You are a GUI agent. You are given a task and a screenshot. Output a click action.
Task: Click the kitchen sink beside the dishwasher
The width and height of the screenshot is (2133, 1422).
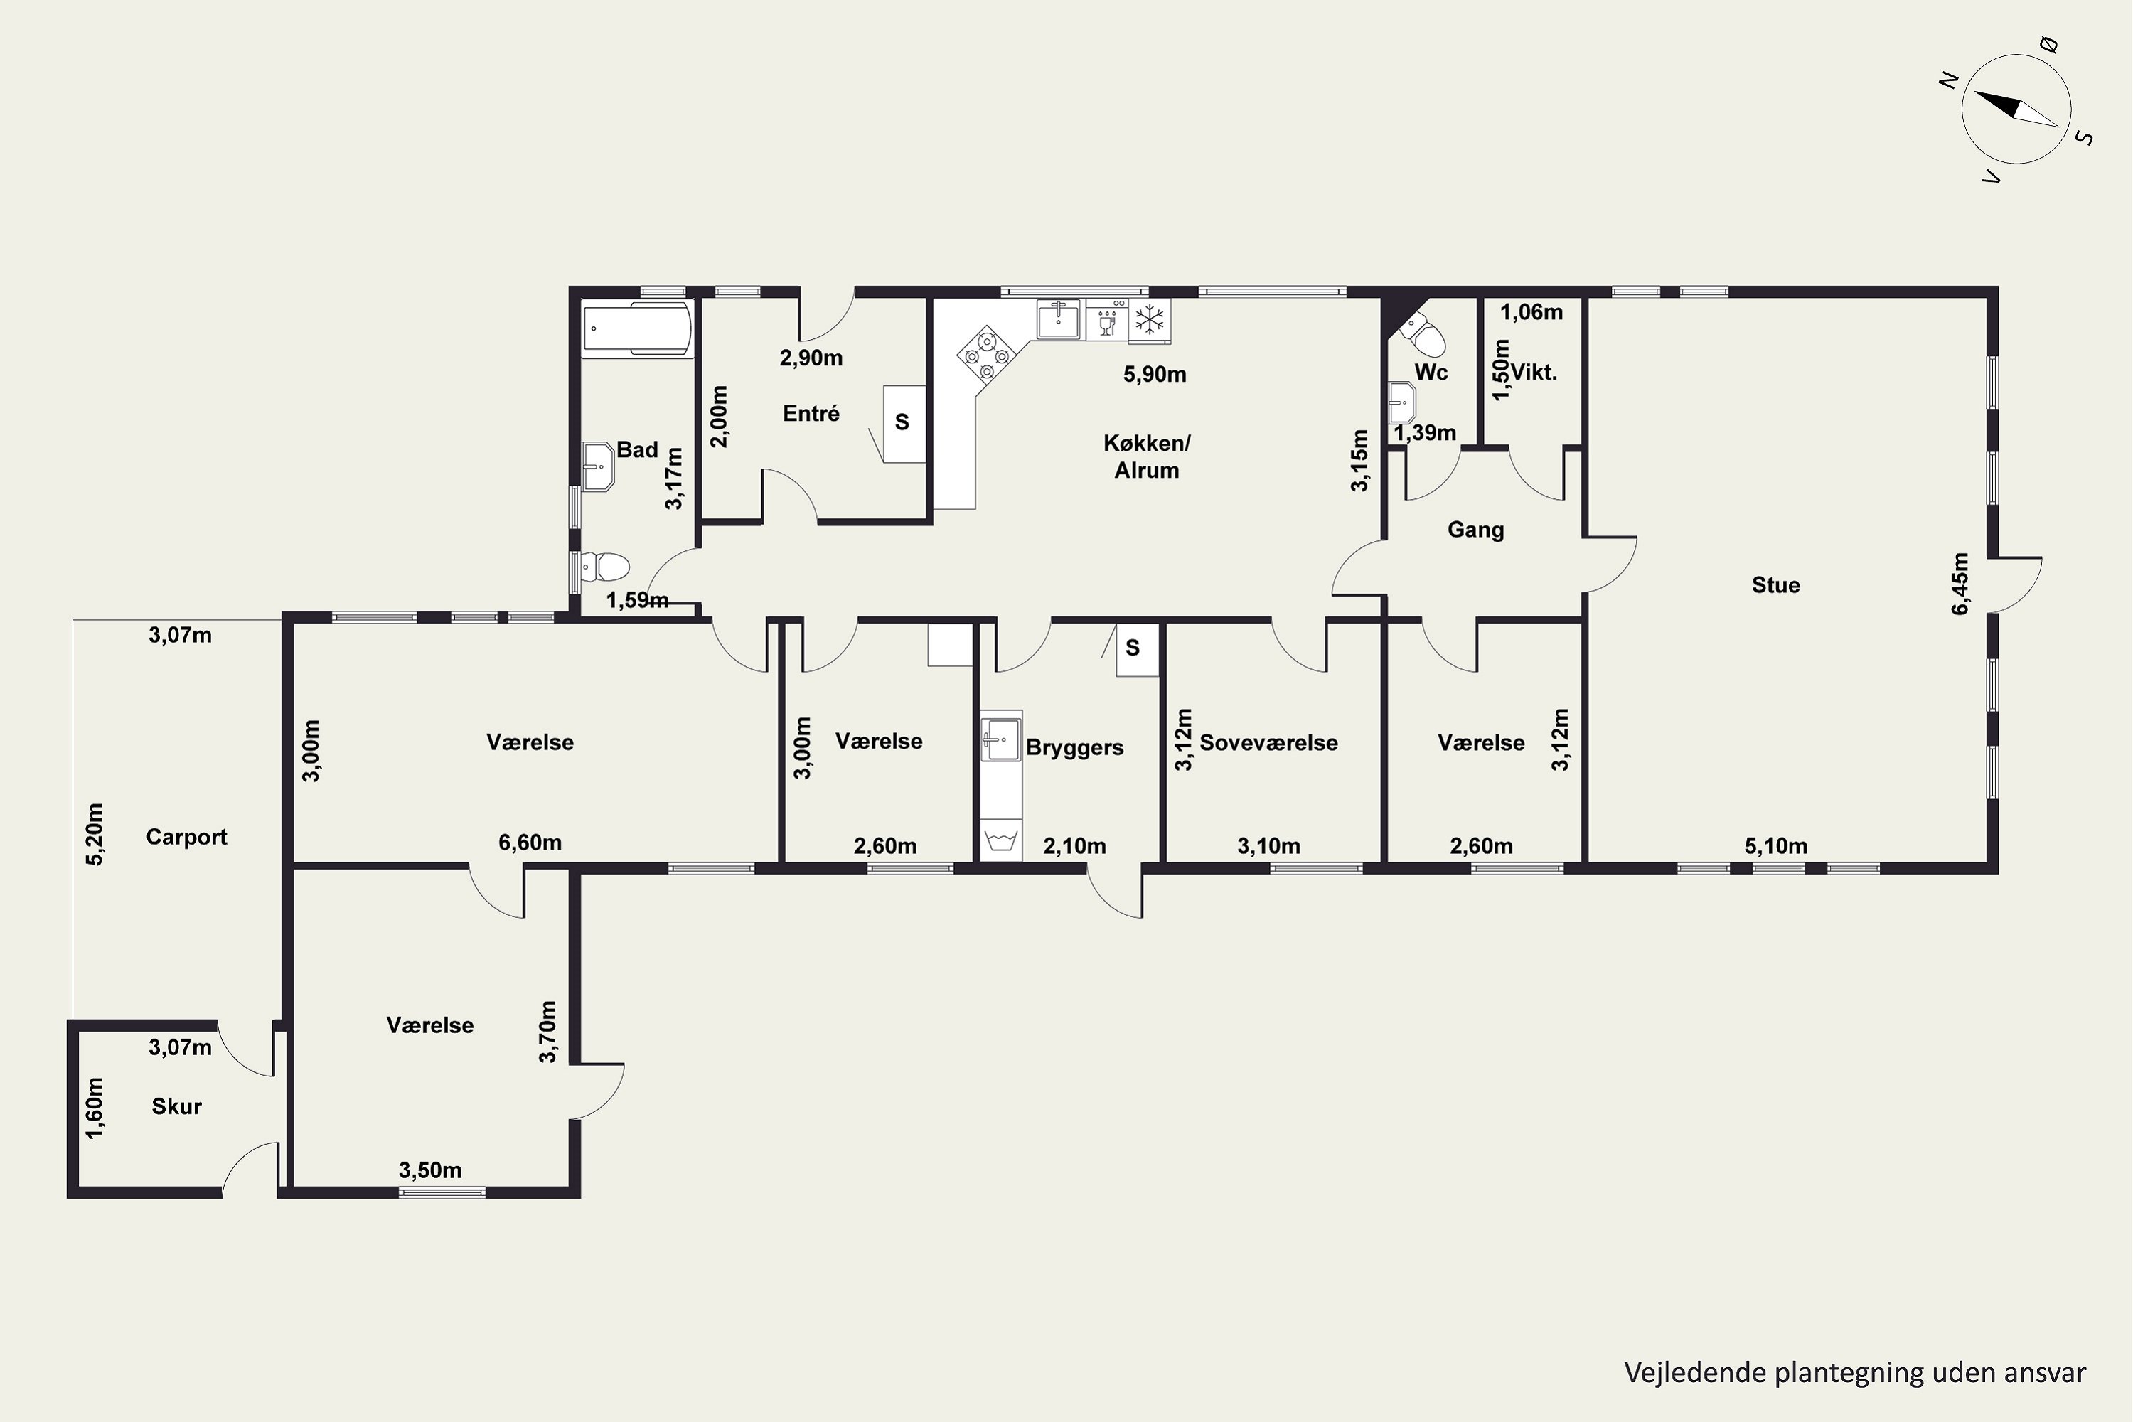(1059, 319)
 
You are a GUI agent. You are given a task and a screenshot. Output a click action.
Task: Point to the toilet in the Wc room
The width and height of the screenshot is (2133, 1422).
(1422, 336)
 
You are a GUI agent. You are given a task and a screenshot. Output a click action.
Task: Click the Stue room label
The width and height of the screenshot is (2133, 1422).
(1775, 585)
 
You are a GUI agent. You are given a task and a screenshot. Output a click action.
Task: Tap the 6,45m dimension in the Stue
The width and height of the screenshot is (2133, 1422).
(1961, 583)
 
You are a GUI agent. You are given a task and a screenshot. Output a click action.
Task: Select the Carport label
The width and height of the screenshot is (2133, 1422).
(186, 836)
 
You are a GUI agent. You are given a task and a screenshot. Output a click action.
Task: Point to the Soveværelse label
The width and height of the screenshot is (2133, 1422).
(1268, 743)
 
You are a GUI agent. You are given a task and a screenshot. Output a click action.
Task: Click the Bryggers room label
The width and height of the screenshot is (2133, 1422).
(1074, 747)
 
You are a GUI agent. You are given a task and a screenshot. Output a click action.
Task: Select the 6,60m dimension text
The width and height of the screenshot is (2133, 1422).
(530, 843)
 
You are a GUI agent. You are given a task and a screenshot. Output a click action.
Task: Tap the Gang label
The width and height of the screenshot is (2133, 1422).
(1475, 530)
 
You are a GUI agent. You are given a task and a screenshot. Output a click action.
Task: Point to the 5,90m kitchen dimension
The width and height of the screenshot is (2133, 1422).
(1155, 375)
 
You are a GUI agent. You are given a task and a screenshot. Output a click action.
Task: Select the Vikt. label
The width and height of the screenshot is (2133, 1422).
(1534, 372)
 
